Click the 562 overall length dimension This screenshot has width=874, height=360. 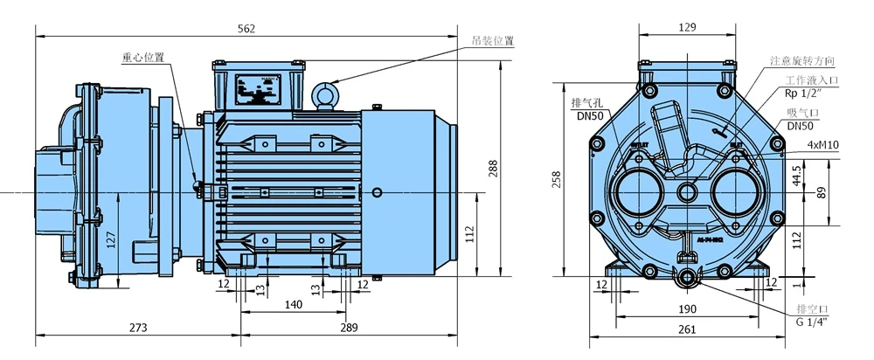[x=246, y=28]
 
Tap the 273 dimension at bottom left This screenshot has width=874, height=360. [x=137, y=328]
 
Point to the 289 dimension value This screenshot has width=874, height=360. [x=349, y=328]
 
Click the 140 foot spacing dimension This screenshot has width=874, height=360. [x=294, y=304]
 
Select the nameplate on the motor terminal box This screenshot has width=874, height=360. [x=259, y=88]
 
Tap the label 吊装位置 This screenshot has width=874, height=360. [x=492, y=41]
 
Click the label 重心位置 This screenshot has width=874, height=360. [x=142, y=58]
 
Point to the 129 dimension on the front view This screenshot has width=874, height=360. [x=687, y=28]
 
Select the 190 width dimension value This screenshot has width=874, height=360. [x=686, y=309]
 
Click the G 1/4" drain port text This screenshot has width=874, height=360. [x=812, y=322]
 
